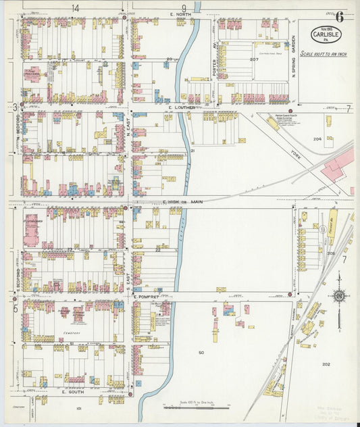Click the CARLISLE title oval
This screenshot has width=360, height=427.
326,34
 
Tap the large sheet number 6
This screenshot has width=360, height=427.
339,17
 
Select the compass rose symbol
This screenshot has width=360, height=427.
338,295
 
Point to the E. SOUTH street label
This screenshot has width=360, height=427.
72,392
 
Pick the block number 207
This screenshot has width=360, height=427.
254,60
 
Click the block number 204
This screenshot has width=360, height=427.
317,139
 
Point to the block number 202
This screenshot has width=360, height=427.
326,365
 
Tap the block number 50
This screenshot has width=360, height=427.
201,353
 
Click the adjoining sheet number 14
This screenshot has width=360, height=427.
74,7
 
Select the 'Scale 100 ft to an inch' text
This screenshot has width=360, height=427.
324,53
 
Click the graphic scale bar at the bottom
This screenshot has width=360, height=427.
196,407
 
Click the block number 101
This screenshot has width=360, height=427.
78,408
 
